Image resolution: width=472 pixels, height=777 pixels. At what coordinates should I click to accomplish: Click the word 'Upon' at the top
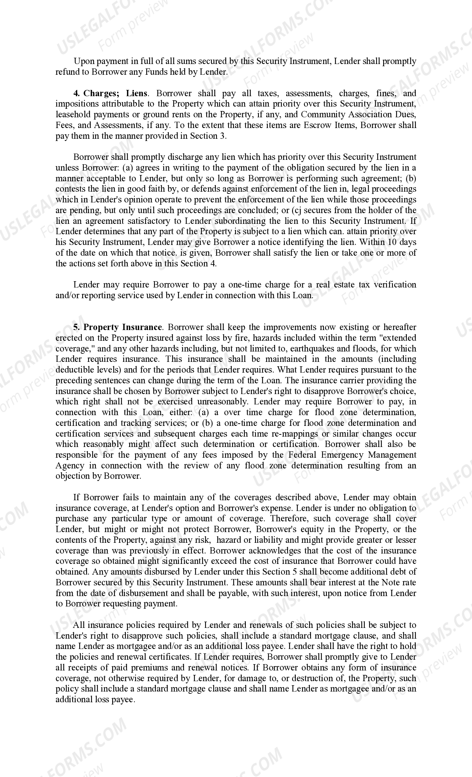pyautogui.click(x=83, y=61)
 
